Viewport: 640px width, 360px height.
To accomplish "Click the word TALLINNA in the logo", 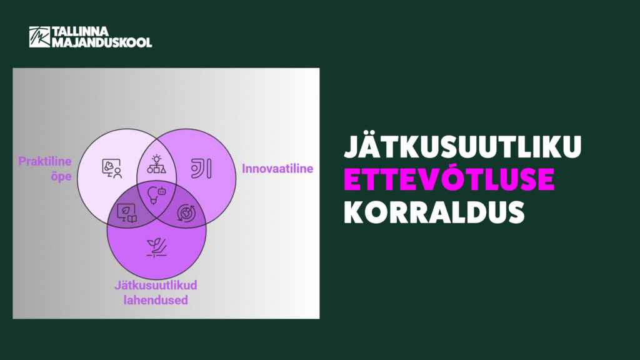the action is (81, 31).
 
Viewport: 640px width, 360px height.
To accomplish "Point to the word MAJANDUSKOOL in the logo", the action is (102, 42).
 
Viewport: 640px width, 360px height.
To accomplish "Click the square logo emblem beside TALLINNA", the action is (39, 37).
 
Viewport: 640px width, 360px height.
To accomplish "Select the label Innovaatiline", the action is (277, 169).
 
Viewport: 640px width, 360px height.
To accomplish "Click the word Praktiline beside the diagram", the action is (45, 161).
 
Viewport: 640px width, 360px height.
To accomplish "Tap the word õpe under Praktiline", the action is (61, 177).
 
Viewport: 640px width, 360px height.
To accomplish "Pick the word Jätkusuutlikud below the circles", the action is (156, 285).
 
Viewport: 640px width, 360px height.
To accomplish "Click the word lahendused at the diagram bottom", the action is (156, 300).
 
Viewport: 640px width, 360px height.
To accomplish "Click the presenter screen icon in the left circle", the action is (112, 168).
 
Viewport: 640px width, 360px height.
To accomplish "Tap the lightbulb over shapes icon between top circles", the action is (156, 164).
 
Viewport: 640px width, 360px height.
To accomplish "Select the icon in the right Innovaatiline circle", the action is (201, 169).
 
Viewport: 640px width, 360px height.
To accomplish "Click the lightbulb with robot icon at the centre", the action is (156, 195).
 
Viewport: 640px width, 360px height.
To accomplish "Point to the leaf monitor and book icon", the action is (127, 213).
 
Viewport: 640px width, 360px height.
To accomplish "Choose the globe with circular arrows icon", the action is (186, 213).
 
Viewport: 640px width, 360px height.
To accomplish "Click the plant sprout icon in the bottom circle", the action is (157, 247).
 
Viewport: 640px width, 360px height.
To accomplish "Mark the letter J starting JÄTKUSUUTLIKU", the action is (352, 146).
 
